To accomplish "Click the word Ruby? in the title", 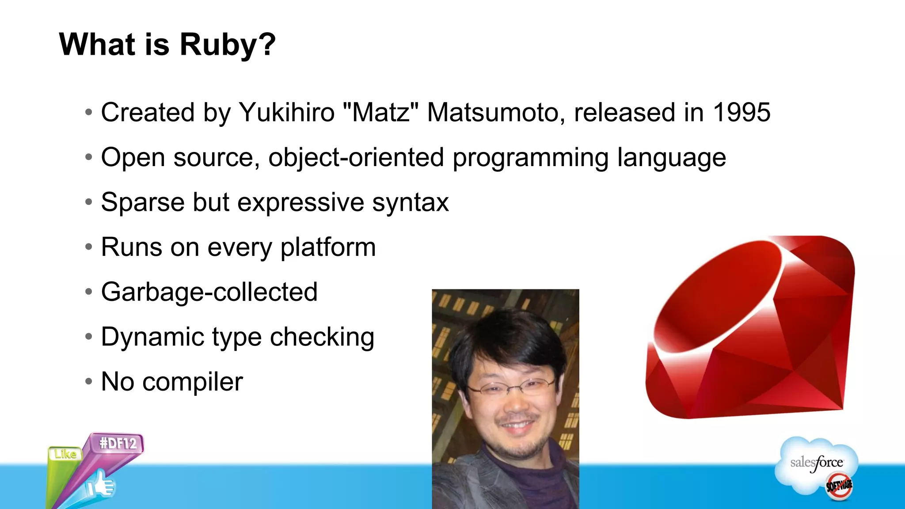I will tap(228, 45).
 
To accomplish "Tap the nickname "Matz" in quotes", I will tap(380, 112).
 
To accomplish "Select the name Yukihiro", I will tap(287, 112).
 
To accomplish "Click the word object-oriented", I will tap(356, 157).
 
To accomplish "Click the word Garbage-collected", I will tap(209, 292).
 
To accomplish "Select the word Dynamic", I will tap(152, 338).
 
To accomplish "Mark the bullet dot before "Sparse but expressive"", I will tap(89, 202).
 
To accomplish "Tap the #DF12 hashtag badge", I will tap(118, 443).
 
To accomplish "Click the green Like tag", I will tap(65, 454).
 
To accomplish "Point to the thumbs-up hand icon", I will tap(101, 485).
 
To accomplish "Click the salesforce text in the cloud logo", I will tap(816, 463).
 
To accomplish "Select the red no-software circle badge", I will tap(839, 486).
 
